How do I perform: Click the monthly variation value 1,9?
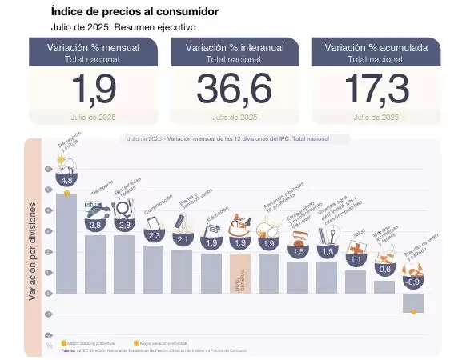pos(94,89)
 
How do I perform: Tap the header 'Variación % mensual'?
pos(94,48)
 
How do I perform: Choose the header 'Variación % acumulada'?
pos(376,48)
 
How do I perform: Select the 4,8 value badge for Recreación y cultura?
pos(66,181)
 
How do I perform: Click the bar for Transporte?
pos(95,264)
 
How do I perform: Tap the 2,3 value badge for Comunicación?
pos(155,235)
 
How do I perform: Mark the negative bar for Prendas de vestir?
pos(413,302)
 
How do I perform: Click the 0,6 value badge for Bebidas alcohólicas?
pos(384,270)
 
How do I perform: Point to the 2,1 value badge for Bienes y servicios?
pos(183,239)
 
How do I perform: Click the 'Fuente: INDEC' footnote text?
pos(160,350)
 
